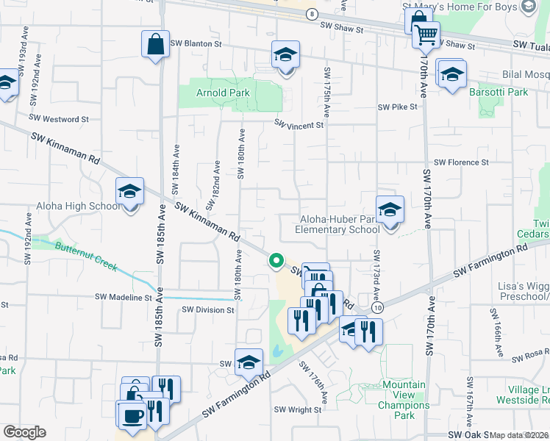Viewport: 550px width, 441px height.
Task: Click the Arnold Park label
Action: (223, 93)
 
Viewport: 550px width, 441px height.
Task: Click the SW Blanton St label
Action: (196, 43)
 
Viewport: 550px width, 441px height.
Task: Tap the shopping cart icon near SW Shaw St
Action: (426, 34)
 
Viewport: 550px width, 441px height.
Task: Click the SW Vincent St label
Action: (299, 125)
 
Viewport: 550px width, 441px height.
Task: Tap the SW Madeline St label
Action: (123, 297)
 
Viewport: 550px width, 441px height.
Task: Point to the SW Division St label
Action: (208, 309)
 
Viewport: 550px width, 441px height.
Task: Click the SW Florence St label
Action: (461, 162)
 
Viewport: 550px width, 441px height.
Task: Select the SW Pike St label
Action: (397, 107)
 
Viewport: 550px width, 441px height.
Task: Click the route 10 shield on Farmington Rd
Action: (377, 309)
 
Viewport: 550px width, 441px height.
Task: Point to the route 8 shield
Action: (312, 14)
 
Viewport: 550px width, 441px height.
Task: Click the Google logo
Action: (24, 432)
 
